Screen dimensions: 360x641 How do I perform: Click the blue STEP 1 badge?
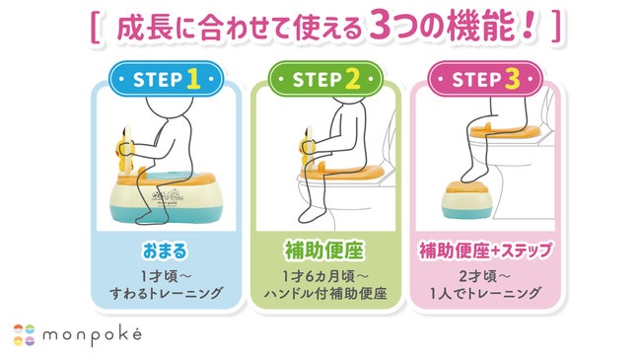160,78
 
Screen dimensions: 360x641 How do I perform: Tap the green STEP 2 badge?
320,78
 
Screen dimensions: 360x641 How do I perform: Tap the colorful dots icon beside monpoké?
25,334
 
